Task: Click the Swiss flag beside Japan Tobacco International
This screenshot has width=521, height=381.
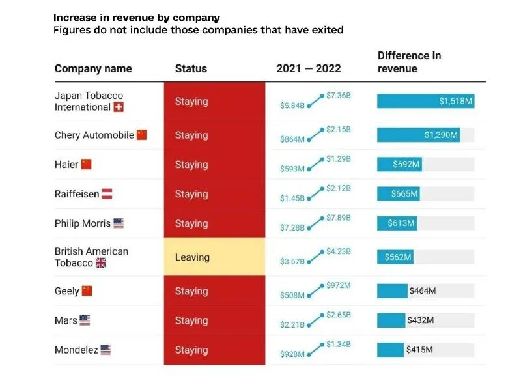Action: click(118, 107)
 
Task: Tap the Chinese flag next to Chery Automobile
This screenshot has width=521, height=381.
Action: click(141, 135)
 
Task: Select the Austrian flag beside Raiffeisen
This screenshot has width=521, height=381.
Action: click(107, 194)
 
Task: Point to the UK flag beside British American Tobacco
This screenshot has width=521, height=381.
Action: click(100, 263)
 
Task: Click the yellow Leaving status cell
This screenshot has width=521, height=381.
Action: click(214, 257)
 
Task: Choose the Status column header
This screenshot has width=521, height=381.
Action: click(191, 68)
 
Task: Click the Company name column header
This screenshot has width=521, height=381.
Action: click(93, 68)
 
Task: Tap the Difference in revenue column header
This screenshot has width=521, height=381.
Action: click(409, 62)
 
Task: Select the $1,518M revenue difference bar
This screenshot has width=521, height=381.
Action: click(425, 101)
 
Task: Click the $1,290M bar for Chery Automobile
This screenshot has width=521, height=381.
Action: click(418, 135)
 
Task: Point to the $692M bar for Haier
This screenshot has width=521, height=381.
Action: click(399, 165)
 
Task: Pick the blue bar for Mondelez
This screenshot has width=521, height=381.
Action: click(390, 350)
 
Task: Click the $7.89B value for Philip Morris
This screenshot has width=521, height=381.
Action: click(339, 218)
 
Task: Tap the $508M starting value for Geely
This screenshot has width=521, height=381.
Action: click(292, 296)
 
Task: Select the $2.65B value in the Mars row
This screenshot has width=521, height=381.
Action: click(339, 315)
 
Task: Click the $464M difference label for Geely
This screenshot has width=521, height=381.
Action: click(422, 291)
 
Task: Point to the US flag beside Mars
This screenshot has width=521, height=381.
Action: click(85, 320)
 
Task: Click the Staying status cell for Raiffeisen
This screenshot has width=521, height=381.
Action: click(214, 194)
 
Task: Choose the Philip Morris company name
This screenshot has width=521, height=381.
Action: click(83, 223)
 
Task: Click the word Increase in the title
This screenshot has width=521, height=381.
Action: click(75, 18)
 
